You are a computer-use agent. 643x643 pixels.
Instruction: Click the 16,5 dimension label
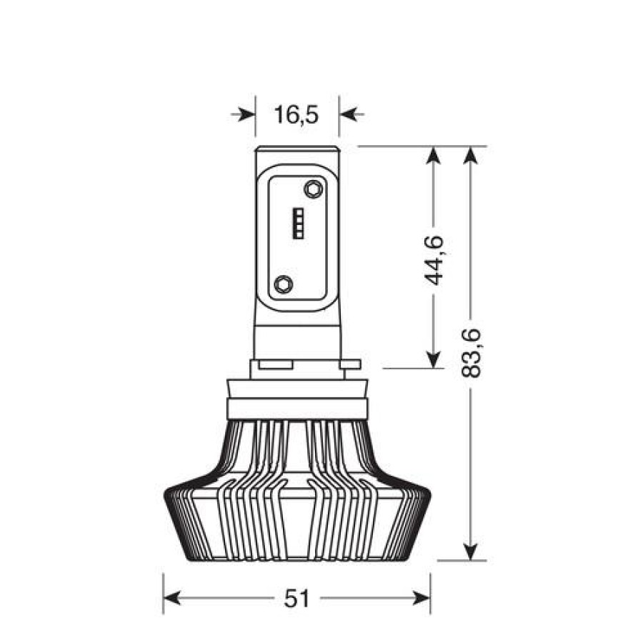click(x=296, y=114)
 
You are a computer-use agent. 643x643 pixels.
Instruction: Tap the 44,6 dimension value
click(x=434, y=261)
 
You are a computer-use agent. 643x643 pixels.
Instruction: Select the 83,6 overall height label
click(x=470, y=353)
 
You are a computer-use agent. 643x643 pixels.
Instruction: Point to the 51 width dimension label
click(x=296, y=599)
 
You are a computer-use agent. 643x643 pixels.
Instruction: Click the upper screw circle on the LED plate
click(x=313, y=189)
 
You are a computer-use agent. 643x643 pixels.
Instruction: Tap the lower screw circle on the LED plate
click(x=284, y=284)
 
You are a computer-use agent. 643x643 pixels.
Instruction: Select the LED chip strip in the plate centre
click(x=298, y=224)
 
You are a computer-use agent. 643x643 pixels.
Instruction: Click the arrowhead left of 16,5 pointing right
click(x=244, y=114)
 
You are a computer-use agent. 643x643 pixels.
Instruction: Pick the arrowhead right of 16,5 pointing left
click(x=352, y=114)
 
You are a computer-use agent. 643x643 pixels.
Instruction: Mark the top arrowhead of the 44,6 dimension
click(x=434, y=158)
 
